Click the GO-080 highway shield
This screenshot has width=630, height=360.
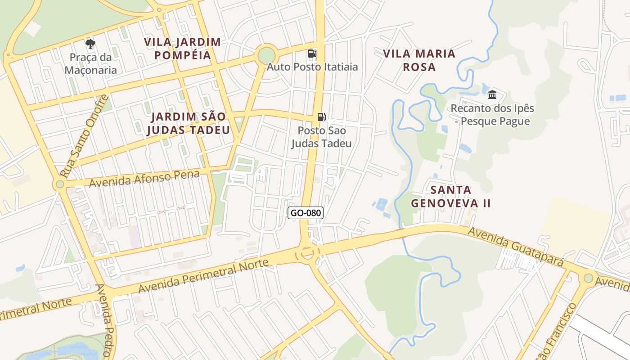(x=306, y=213)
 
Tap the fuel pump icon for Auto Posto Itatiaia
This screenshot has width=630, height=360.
(x=312, y=54)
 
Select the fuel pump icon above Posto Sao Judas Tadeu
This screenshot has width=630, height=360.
(x=322, y=117)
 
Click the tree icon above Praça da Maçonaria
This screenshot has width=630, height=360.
(x=90, y=44)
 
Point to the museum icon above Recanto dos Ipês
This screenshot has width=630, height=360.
(x=492, y=95)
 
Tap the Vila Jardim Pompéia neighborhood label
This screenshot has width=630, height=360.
(x=182, y=49)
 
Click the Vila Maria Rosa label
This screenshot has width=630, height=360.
(x=419, y=60)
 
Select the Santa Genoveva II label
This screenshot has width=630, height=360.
(x=450, y=196)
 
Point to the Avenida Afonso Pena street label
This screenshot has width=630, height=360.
(x=144, y=179)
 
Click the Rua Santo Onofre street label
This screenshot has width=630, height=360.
(x=85, y=135)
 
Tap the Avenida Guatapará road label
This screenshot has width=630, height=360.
(x=516, y=246)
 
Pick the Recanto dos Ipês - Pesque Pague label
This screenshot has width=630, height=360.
(x=492, y=115)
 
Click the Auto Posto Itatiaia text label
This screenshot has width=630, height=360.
(x=312, y=67)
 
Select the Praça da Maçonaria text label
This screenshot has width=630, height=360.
(x=90, y=64)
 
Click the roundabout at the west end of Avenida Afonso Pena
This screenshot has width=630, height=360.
(x=60, y=184)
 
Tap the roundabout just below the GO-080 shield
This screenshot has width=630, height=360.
(x=307, y=253)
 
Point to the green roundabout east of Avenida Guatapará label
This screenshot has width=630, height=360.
(x=588, y=278)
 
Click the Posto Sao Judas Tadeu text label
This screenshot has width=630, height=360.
(x=321, y=137)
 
